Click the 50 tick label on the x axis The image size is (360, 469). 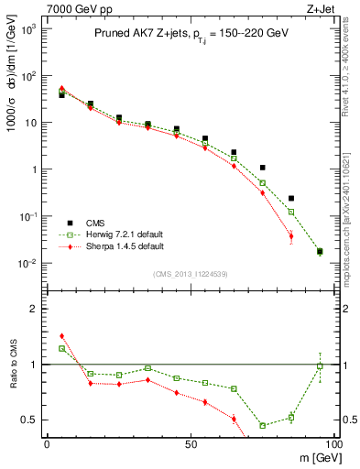190,443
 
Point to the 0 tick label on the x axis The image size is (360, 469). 47,443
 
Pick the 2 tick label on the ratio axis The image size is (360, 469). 34,309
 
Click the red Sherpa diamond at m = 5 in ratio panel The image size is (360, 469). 61,336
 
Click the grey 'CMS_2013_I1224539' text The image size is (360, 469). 190,273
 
